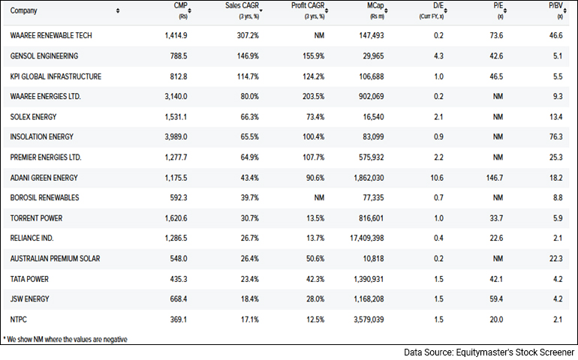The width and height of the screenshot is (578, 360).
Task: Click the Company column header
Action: [x=25, y=10]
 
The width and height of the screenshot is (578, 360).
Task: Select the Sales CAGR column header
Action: [x=242, y=7]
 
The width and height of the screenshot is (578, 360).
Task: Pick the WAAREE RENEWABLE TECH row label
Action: [x=51, y=36]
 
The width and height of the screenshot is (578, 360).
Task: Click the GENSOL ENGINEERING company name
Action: [x=44, y=56]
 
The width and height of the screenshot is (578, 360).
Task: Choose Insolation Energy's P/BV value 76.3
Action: [x=558, y=137]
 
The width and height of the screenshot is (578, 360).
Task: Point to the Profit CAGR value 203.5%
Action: [x=313, y=97]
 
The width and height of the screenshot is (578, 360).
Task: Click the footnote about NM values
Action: [x=65, y=339]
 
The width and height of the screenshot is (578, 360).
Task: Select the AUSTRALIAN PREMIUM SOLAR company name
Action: [x=55, y=259]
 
